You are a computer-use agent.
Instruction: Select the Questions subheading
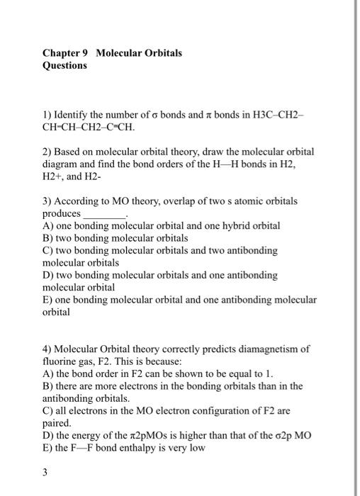click(64, 65)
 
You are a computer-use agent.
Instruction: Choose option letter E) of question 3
click(47, 300)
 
